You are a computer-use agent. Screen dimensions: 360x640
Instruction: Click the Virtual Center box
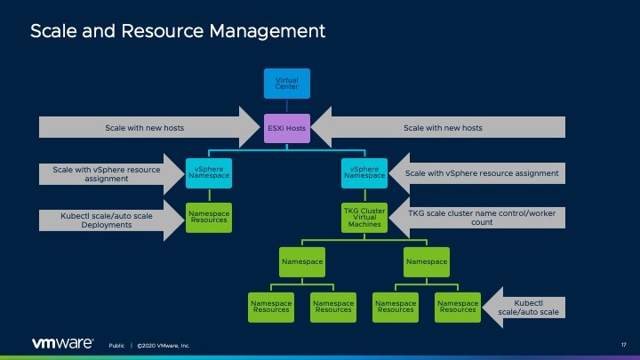pos(287,84)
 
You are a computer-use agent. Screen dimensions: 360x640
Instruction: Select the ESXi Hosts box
pos(287,128)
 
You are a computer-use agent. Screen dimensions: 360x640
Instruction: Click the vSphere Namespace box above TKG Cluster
pos(364,172)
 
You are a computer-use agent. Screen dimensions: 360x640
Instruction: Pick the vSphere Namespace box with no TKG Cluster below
pos(209,172)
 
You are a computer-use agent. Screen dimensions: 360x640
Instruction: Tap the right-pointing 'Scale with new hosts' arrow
pos(142,128)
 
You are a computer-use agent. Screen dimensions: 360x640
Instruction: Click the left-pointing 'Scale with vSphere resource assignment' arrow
pos(480,172)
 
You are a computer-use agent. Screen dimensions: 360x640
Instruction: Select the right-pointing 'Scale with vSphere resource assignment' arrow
pos(102,172)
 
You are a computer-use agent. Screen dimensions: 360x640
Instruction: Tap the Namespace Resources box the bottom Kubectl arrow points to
pos(458,306)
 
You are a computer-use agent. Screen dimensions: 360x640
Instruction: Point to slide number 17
pos(623,345)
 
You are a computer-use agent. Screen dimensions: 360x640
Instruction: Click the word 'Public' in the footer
pos(116,345)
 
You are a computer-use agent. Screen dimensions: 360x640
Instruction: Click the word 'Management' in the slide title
pos(266,31)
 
